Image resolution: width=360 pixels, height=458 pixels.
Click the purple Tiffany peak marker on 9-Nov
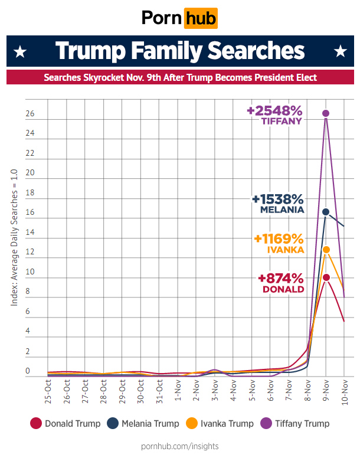pyautogui.click(x=326, y=113)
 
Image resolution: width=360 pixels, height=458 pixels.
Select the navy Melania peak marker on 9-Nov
pyautogui.click(x=326, y=211)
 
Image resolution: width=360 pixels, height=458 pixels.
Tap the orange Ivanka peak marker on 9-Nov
pyautogui.click(x=326, y=250)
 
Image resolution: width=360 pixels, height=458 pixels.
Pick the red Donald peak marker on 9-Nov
pyautogui.click(x=326, y=277)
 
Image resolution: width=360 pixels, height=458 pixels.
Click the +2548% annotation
pyautogui.click(x=274, y=111)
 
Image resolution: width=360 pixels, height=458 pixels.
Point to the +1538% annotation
pyautogui.click(x=277, y=199)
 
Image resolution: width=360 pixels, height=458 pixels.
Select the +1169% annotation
pyautogui.click(x=279, y=239)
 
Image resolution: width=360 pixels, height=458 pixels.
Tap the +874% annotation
pyautogui.click(x=281, y=279)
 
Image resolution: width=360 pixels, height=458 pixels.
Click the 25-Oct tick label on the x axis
pyautogui.click(x=48, y=392)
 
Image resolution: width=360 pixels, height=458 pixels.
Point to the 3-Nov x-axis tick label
pyautogui.click(x=215, y=392)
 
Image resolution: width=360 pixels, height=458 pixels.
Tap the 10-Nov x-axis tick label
pyautogui.click(x=345, y=392)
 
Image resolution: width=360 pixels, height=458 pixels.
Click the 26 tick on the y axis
pyautogui.click(x=30, y=113)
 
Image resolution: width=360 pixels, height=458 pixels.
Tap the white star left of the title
pyautogui.click(x=20, y=52)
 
